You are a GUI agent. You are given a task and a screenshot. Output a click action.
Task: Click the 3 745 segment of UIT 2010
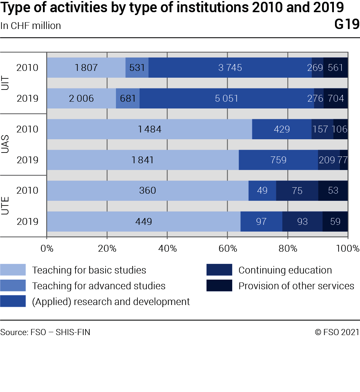[230, 68]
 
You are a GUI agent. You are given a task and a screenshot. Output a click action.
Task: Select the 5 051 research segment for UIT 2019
[227, 98]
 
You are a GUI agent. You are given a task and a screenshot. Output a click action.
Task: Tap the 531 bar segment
[137, 68]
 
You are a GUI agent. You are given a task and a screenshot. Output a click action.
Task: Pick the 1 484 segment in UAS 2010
[150, 129]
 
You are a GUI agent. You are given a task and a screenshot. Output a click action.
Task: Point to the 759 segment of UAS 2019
[278, 160]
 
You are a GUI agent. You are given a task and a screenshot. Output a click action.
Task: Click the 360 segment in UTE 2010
[147, 190]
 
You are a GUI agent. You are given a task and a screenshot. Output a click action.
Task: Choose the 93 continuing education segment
[302, 221]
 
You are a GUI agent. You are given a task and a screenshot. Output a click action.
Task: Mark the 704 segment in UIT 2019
[336, 98]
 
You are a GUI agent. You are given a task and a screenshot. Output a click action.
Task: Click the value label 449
[143, 222]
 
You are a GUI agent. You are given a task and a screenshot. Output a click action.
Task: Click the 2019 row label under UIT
[28, 98]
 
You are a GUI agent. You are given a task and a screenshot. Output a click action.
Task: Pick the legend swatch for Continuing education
[219, 270]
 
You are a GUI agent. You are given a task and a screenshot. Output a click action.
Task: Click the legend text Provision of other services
[296, 286]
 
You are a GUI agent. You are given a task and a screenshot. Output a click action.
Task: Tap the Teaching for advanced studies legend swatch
[13, 286]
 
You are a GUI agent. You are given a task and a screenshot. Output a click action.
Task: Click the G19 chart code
[347, 25]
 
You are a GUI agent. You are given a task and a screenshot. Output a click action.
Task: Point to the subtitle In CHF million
[31, 26]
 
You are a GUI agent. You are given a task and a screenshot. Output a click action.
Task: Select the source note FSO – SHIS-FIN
[45, 332]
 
